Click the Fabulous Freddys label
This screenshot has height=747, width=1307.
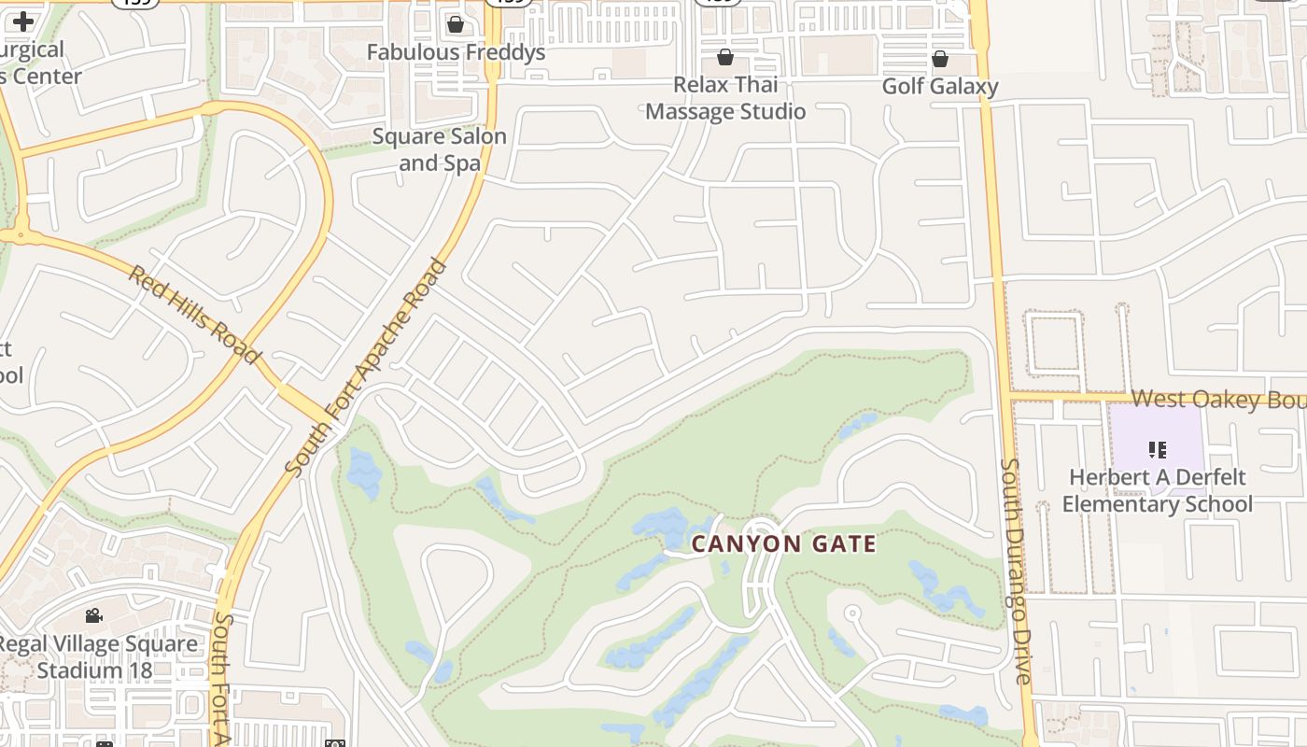click(456, 52)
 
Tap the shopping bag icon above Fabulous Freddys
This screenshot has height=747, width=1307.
click(456, 23)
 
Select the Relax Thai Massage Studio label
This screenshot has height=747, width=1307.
click(725, 98)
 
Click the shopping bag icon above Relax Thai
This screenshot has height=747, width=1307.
click(725, 57)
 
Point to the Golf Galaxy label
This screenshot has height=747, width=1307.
click(940, 87)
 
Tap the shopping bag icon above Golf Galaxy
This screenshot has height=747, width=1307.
click(940, 59)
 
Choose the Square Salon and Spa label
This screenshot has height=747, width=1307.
click(439, 149)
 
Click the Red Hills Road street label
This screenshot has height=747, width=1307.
click(193, 315)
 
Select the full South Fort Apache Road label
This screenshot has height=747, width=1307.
click(367, 368)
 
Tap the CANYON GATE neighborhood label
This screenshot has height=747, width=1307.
click(784, 544)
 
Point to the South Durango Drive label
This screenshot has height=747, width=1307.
click(1015, 570)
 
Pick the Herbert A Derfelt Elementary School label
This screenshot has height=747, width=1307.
click(1158, 491)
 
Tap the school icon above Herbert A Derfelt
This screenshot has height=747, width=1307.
click(1158, 450)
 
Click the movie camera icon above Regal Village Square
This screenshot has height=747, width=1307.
click(93, 615)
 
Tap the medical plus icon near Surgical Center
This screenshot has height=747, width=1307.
click(23, 21)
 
